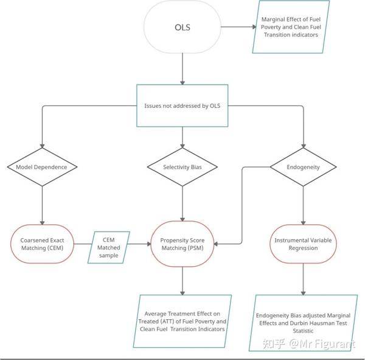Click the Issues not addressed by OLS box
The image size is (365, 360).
[182, 105]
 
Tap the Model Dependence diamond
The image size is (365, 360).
[41, 167]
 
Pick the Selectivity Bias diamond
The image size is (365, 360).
[182, 167]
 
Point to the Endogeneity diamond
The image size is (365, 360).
[303, 166]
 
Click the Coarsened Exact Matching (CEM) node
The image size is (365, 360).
[42, 244]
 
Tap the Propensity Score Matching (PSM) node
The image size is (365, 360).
[182, 244]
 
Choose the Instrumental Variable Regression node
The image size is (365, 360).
[303, 244]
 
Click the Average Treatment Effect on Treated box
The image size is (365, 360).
[183, 312]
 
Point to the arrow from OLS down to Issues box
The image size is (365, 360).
[182, 68]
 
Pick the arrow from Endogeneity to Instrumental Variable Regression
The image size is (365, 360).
[303, 205]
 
